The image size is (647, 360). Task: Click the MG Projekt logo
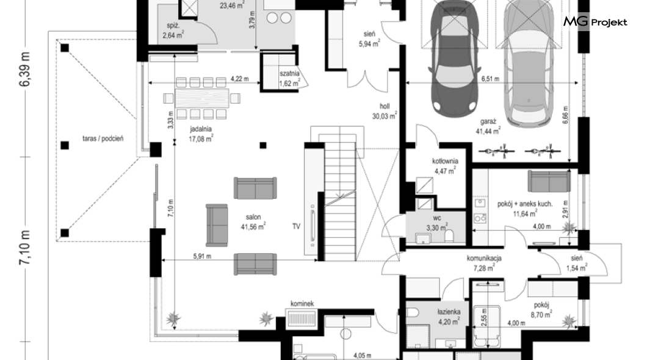coord(595,22)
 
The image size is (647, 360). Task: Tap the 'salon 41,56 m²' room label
coord(253,222)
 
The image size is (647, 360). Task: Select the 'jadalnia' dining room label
coord(201,129)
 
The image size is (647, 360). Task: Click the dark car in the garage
coord(454,58)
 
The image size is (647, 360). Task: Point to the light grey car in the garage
coord(529,62)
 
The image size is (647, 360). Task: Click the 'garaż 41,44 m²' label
coord(488,126)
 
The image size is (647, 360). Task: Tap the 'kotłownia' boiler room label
coord(445,161)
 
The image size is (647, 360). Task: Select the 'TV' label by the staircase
coord(296,226)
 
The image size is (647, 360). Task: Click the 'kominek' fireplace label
coord(302,303)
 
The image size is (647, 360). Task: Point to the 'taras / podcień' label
coord(103,139)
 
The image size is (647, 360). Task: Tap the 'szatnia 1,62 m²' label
coord(290,78)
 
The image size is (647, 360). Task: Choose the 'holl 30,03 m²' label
coord(385,111)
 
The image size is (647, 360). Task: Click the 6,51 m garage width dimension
coord(490,79)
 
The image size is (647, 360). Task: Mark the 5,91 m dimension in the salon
coord(202,256)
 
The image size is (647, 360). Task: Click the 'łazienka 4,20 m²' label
coord(449,317)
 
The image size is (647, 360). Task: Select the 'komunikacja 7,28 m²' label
coord(484,263)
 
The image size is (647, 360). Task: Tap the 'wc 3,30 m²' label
coord(437,223)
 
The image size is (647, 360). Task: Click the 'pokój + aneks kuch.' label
coord(525,204)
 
